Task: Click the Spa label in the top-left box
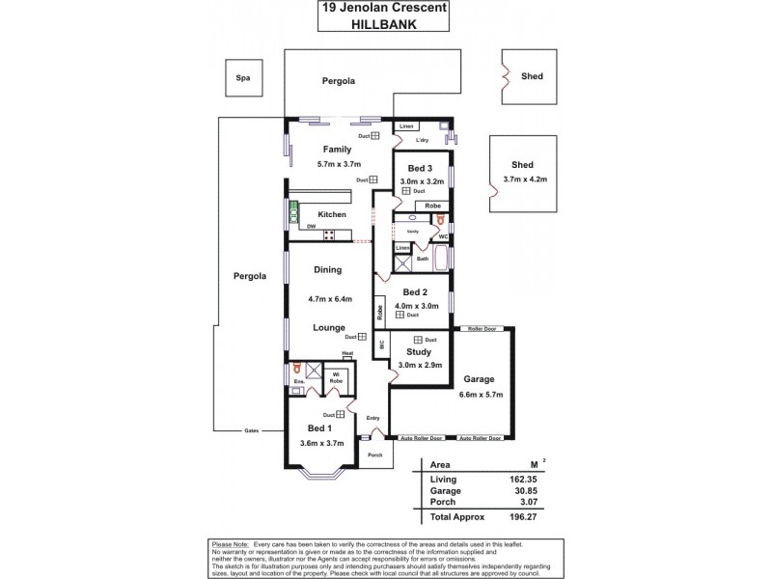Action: point(243,77)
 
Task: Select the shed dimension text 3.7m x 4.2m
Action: point(526,179)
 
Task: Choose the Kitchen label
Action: point(332,213)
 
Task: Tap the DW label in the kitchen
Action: point(311,227)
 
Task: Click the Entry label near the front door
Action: point(372,417)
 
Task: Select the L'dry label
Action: point(422,142)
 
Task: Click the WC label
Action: point(442,236)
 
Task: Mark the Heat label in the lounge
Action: point(347,354)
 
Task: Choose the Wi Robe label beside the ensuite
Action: point(336,377)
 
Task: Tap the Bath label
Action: point(423,259)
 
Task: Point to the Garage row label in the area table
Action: point(445,490)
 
